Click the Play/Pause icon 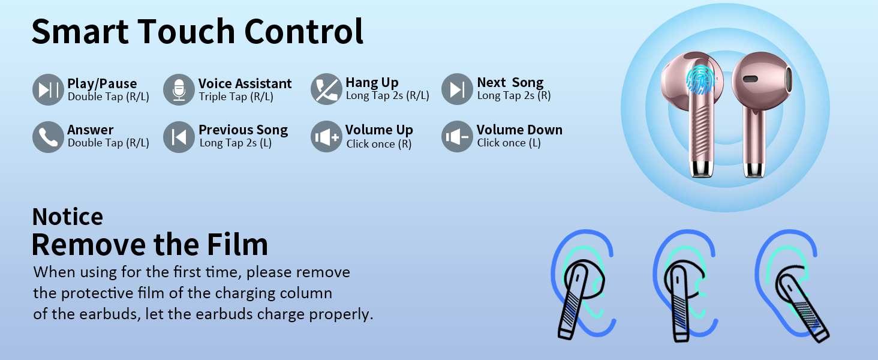48,90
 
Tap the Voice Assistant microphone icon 179,90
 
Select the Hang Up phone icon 326,90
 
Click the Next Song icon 457,90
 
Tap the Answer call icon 48,137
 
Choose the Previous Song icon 179,137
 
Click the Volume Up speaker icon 326,137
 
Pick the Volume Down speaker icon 457,137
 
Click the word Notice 67,217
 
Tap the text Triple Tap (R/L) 236,97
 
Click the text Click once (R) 379,144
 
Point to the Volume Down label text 519,130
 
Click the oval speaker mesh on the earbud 750,79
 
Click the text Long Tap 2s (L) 236,143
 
